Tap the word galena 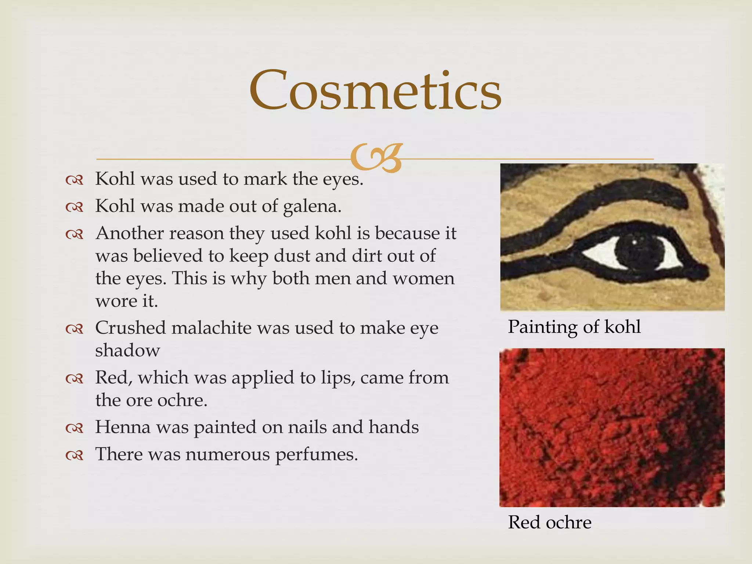312,206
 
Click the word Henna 123,427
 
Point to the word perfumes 316,455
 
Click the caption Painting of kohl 574,327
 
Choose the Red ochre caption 549,522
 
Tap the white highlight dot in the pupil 634,242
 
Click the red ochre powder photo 612,427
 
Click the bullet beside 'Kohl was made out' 74,207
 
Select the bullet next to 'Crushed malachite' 74,329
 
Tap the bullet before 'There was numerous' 74,456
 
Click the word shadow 127,350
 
